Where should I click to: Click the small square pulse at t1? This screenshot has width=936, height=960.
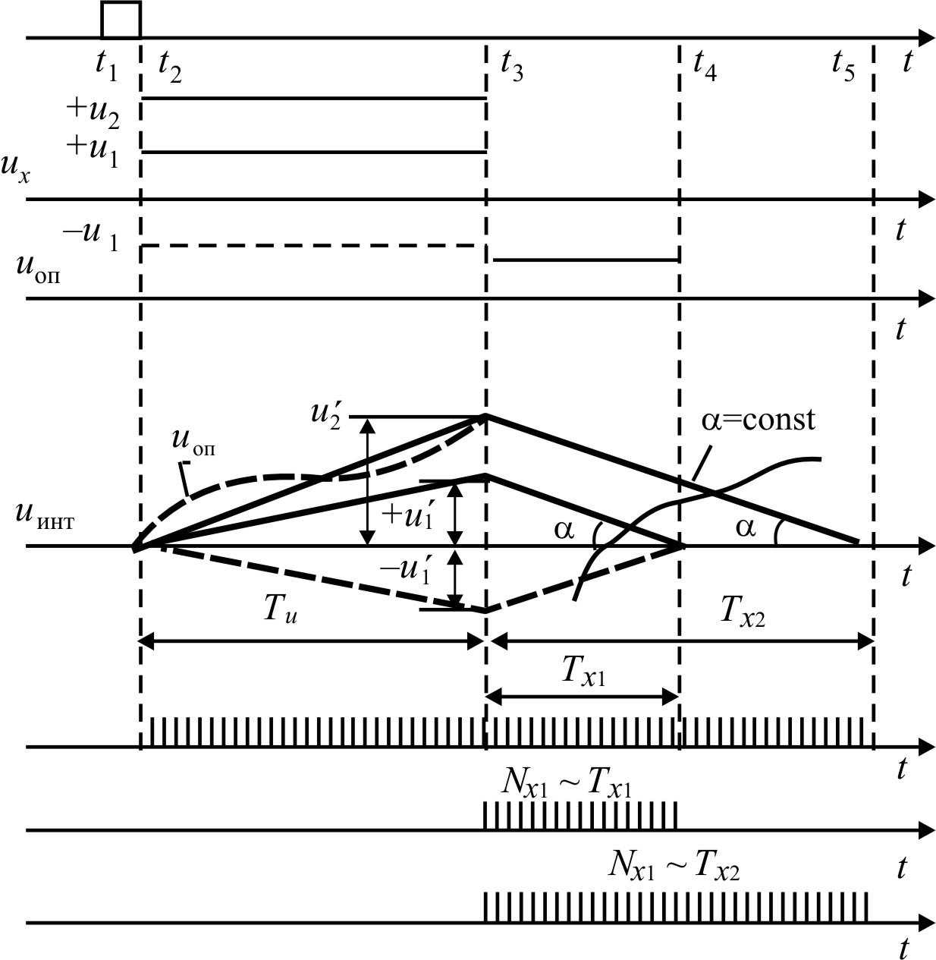point(121,20)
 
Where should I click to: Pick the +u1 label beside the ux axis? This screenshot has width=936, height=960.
point(93,150)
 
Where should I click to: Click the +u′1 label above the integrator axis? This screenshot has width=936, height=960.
point(410,515)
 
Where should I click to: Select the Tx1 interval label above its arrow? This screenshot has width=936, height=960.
point(583,671)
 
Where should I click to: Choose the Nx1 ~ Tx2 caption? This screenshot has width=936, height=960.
point(674,866)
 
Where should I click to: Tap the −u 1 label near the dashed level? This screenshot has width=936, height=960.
point(90,238)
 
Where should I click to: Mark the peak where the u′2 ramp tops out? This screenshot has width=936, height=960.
point(486,415)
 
